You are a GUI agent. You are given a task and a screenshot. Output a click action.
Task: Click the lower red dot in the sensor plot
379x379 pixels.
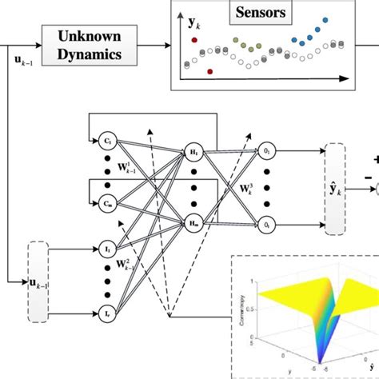(x=209, y=72)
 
